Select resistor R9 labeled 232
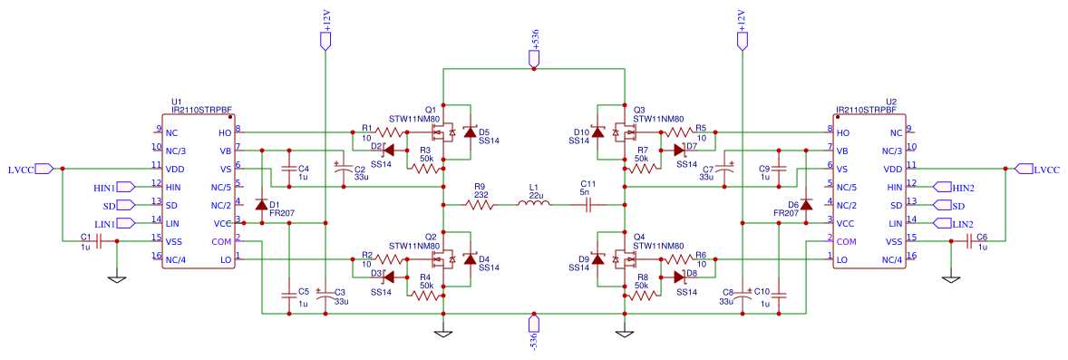click(x=481, y=205)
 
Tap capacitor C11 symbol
click(x=587, y=205)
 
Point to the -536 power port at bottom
click(x=534, y=324)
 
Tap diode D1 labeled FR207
click(x=262, y=204)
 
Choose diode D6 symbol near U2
click(x=805, y=204)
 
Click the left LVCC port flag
click(x=47, y=169)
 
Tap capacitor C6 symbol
click(x=968, y=241)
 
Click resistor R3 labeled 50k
click(x=426, y=169)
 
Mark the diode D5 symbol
click(x=470, y=133)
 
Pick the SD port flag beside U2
click(x=958, y=205)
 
